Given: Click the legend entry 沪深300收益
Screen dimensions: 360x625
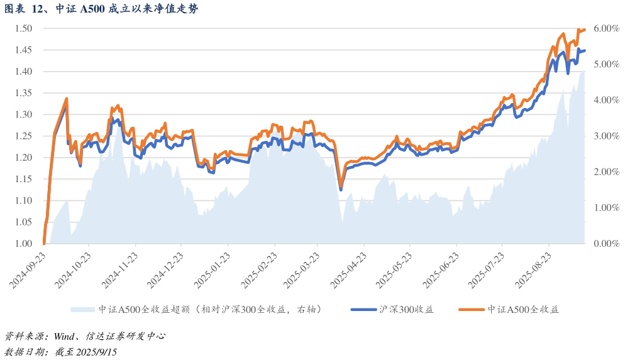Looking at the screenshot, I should coord(406,309).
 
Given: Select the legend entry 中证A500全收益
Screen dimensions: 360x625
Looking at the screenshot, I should coord(523,309).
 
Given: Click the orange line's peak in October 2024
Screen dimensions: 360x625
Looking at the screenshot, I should coord(66,99).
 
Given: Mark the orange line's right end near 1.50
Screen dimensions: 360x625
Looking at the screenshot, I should coord(585,30).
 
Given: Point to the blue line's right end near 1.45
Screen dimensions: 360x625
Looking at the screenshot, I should coord(585,51).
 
